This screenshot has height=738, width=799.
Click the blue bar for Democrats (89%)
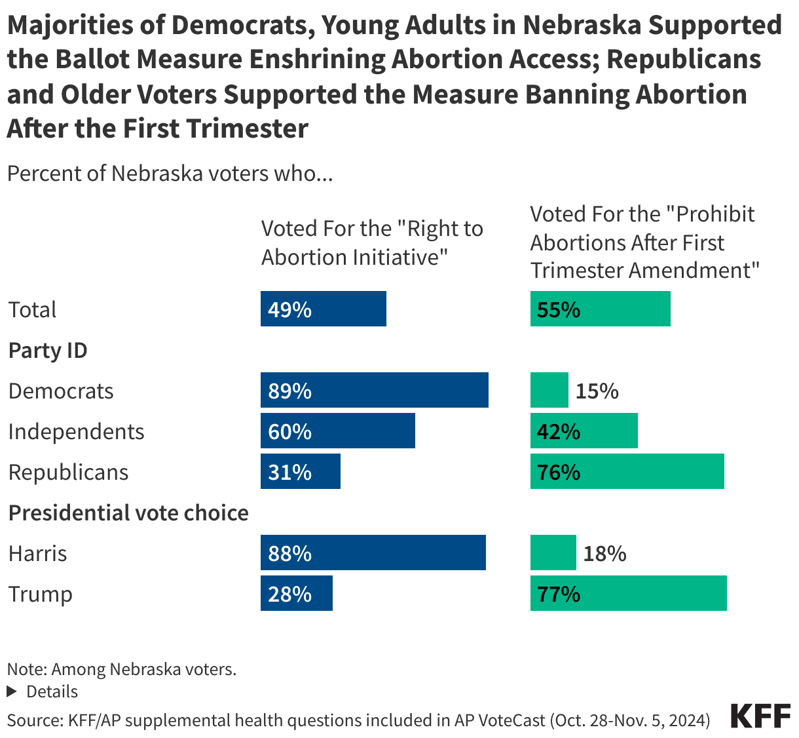coord(374,390)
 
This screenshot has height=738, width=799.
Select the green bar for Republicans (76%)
coord(627,471)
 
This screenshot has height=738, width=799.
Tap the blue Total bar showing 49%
coord(323,309)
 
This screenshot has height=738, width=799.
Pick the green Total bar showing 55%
coord(600,309)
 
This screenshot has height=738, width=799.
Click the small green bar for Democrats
coord(549,390)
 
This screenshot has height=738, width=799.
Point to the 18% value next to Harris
coord(604,553)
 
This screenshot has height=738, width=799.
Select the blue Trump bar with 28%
coord(296,593)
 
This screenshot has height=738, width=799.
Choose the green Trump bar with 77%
coord(628,593)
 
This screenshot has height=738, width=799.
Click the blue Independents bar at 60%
coord(337,431)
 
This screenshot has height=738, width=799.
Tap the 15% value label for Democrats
coord(597,391)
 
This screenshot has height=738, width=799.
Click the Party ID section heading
coord(48,350)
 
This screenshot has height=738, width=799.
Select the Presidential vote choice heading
coord(128,513)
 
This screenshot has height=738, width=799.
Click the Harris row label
coord(37,553)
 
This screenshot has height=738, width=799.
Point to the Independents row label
coord(76,431)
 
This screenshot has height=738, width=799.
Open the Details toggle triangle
coord(11,691)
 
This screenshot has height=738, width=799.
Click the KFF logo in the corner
coord(760,716)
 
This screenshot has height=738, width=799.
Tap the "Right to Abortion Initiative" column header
coord(371,243)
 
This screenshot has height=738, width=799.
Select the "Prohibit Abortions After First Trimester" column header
coord(644,242)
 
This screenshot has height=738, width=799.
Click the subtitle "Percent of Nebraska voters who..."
coord(170,174)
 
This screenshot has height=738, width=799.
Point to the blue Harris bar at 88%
coord(373,553)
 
